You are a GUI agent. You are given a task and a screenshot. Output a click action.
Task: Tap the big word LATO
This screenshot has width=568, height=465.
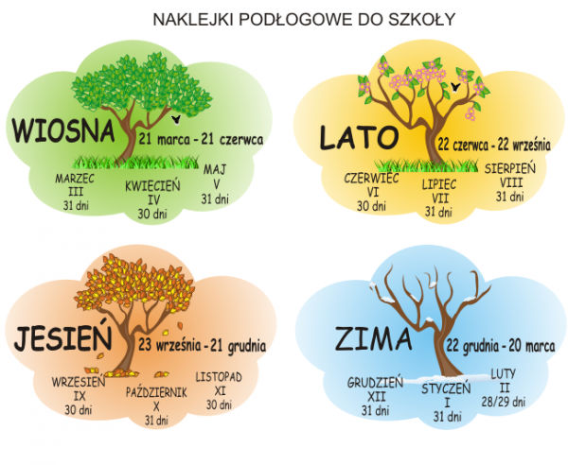coord(357,138)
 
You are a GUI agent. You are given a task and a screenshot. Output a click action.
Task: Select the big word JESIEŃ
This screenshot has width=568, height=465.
coord(63,337)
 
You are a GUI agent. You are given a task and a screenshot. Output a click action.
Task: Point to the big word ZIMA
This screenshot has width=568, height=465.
coord(372,339)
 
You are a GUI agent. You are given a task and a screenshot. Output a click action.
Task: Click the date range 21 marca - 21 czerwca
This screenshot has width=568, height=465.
coord(201,138)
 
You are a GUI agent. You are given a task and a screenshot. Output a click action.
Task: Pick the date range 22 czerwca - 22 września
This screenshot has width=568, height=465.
coord(493,146)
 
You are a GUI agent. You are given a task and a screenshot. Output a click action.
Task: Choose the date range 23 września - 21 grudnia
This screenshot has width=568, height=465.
coord(203,345)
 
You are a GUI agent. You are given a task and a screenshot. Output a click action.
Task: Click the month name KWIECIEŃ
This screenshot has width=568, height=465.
coord(152,187)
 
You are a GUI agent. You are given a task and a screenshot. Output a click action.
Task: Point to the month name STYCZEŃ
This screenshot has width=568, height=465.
coord(439,387)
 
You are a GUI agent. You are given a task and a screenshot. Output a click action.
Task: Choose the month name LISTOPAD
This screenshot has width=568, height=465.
coord(220,376)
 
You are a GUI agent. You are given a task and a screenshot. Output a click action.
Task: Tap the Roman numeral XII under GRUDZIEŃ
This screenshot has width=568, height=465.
coord(376,397)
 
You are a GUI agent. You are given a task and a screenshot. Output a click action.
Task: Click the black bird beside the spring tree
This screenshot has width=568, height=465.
coord(178,120)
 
